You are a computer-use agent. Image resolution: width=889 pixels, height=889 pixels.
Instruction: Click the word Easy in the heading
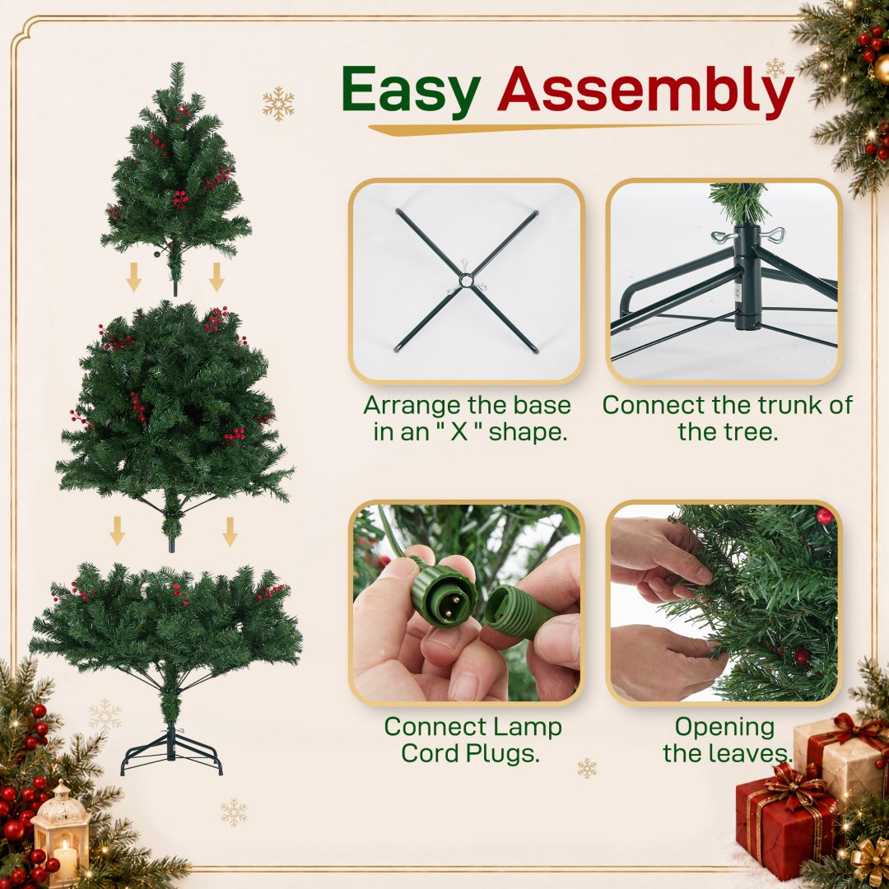(411, 91)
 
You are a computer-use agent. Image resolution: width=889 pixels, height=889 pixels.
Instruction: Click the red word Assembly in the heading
(645, 91)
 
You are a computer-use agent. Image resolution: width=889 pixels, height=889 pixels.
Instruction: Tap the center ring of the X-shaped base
(466, 281)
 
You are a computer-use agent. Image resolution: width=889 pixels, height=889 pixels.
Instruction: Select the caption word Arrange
(412, 406)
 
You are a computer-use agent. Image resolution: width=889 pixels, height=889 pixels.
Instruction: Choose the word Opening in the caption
(724, 728)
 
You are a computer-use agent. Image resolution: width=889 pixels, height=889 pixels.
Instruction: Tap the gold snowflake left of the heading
(278, 104)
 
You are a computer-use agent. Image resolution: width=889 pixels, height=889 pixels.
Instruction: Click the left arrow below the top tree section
(134, 277)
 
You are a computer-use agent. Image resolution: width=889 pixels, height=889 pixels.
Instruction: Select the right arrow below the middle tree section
(230, 531)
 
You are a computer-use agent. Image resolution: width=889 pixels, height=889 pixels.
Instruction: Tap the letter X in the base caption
(458, 432)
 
